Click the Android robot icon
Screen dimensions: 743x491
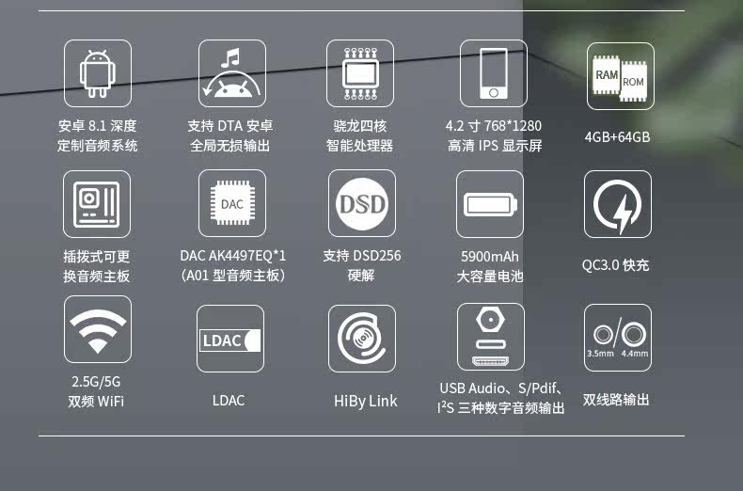(98, 72)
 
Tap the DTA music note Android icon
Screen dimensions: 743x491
(232, 73)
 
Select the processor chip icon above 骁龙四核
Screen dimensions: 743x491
(360, 73)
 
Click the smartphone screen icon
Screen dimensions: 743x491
(493, 73)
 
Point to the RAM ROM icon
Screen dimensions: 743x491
(620, 76)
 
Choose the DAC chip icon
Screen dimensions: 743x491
(232, 203)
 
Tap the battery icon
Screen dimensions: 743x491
(489, 204)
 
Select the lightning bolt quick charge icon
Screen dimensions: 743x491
(617, 204)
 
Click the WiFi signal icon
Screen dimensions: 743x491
(98, 329)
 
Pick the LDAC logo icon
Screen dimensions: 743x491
(230, 339)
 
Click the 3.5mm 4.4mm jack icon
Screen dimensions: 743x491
(617, 337)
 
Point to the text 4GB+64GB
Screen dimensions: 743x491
(617, 137)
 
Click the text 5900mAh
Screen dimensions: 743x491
(489, 257)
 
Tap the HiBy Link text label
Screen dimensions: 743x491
(366, 401)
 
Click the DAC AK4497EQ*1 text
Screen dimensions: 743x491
(232, 256)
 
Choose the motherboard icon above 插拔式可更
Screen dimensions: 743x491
(98, 203)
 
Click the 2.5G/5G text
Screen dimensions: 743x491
(96, 382)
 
